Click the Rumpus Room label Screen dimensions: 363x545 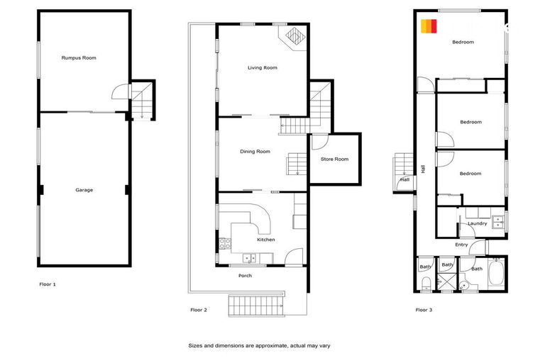tap(79, 57)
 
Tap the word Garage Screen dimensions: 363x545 tap(84, 190)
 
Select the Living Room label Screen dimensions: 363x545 tap(262, 68)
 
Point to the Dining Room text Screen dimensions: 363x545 tap(255, 151)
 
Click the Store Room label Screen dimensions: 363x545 tap(334, 160)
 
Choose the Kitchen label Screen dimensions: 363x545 tap(265, 240)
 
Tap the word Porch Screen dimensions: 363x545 tap(245, 276)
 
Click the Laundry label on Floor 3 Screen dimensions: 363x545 tap(477, 224)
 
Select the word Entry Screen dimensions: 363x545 tap(461, 245)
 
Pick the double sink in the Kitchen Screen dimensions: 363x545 tap(248, 257)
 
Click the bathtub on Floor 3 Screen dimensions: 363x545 tap(495, 274)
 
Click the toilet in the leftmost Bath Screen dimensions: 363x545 tap(424, 284)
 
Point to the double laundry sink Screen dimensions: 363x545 tap(498, 220)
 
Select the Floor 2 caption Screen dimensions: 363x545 tap(199, 310)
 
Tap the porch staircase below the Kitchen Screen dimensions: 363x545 tap(255, 306)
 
